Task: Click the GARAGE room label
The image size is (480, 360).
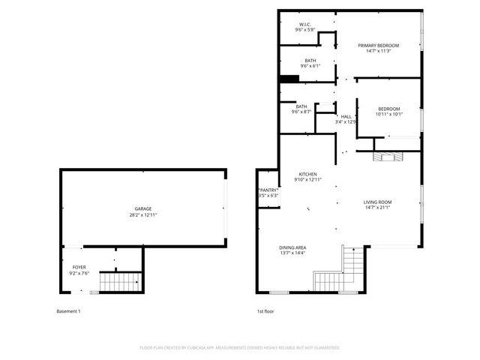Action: pos(142,208)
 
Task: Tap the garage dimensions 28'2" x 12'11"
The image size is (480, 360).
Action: pos(142,215)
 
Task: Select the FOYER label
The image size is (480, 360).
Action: pos(79,267)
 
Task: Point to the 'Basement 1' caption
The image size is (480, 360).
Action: pos(68,311)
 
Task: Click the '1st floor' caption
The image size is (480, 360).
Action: pos(265,311)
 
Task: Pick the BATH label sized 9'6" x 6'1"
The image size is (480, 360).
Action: pos(310,61)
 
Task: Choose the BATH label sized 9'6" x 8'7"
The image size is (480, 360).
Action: pos(301,106)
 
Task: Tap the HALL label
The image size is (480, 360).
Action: pos(346,116)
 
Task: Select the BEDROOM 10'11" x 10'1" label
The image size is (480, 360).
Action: pos(389,109)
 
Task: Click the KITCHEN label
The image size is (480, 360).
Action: pos(307,174)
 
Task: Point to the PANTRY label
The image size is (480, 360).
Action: pos(268,190)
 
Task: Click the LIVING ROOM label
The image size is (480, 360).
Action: pos(377,202)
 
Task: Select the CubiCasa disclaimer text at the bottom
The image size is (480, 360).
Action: pos(240,348)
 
